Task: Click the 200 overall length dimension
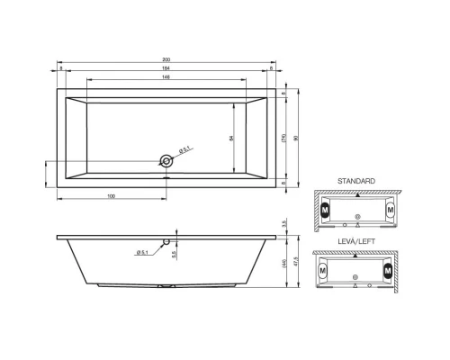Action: (166, 59)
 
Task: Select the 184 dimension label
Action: (166, 68)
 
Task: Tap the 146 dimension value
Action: (166, 77)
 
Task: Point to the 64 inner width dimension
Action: (232, 139)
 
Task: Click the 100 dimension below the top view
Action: (111, 195)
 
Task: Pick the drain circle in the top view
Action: (166, 162)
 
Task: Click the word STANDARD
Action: (356, 181)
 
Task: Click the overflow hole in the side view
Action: (166, 241)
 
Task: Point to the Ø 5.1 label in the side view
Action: (142, 251)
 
